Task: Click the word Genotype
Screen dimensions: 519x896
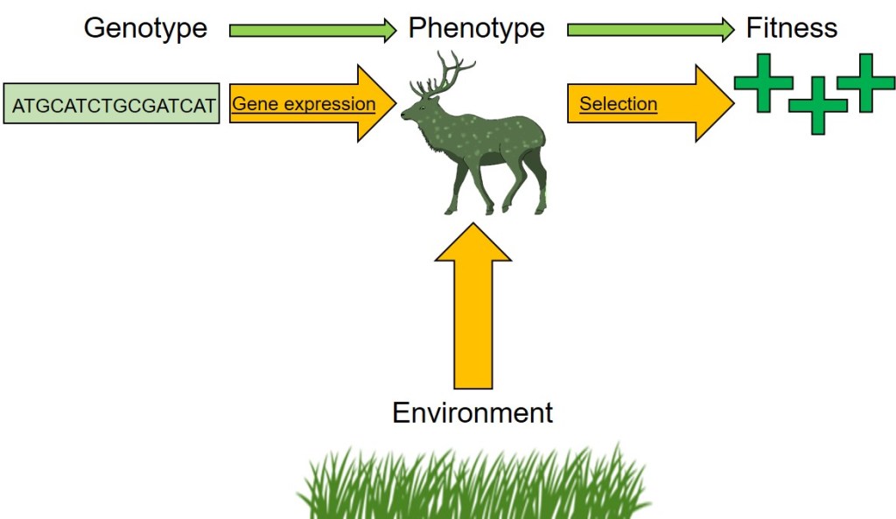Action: tap(145, 28)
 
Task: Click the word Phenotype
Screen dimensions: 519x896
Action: tap(476, 28)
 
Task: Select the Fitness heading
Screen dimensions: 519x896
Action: tap(791, 28)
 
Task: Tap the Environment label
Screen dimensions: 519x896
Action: tap(472, 412)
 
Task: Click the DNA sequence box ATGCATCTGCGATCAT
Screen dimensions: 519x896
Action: tap(112, 104)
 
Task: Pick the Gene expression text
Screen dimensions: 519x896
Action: tap(303, 104)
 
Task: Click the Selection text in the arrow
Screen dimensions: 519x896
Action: tap(618, 104)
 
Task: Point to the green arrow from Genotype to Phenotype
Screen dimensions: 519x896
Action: tap(312, 32)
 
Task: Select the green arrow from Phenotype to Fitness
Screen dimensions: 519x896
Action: tap(651, 32)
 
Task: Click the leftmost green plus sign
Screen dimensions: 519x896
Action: tap(763, 83)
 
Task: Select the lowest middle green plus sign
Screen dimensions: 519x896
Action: tap(817, 105)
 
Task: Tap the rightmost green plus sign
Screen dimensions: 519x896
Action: tap(865, 82)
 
